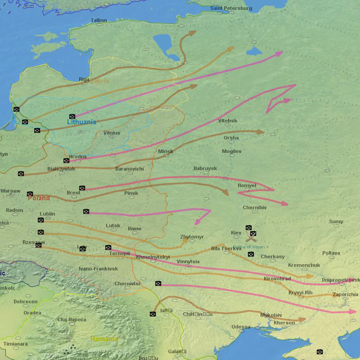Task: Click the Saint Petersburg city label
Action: point(231,8)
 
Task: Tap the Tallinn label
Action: point(99,20)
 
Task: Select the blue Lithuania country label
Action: point(81,122)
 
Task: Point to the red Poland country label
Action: point(39,198)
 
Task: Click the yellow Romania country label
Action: point(104,339)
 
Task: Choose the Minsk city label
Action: point(166,151)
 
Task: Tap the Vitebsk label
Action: point(228,121)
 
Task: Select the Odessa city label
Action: point(241,327)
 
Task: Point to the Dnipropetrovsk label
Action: point(341,280)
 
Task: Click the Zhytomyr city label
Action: point(192,237)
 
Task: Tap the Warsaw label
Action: point(10,191)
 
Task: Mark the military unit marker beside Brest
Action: point(82,188)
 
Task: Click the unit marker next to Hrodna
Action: point(66,161)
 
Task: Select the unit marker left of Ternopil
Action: point(108,247)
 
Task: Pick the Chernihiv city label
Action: point(255,207)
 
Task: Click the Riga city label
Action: point(84,79)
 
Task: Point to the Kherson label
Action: point(284,323)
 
